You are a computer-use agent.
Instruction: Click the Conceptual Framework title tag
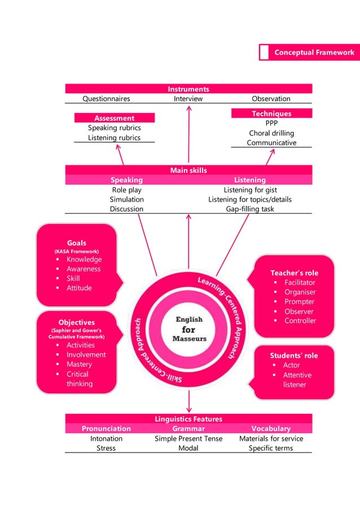tap(314, 52)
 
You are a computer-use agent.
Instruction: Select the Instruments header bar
tap(188, 89)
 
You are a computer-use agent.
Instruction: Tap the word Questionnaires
tap(106, 99)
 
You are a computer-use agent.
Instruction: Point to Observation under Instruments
tap(271, 99)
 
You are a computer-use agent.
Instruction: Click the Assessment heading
tap(115, 118)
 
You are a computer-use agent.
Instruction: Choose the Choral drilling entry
tap(271, 133)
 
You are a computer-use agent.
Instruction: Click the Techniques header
tap(271, 113)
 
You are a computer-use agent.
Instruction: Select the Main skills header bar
tap(188, 170)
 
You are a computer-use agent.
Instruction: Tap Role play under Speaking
tap(126, 190)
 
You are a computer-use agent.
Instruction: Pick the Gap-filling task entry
tap(249, 209)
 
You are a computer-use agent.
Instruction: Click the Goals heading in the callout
tap(77, 243)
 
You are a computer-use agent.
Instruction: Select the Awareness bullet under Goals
tap(84, 269)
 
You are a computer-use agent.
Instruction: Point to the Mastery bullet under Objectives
tap(79, 365)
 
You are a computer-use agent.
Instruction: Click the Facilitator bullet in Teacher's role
tap(300, 283)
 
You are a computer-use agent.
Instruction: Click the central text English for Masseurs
tap(189, 328)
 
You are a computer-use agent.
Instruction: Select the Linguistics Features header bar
tap(188, 419)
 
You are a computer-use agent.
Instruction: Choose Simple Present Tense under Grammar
tap(188, 438)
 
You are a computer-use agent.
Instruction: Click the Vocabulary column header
tap(271, 429)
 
